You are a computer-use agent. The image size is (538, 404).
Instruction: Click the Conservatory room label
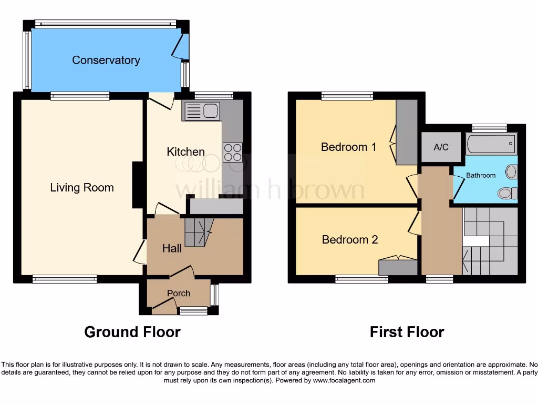tap(106, 60)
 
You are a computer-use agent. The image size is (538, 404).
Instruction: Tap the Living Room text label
tap(82, 188)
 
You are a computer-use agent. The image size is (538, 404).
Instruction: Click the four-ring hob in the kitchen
tap(233, 152)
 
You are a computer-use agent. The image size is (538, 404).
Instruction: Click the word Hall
tap(172, 248)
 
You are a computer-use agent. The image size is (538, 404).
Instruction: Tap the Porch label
tap(179, 293)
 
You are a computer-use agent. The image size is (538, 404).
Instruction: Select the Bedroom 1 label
tap(348, 147)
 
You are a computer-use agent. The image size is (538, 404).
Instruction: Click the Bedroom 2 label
tap(349, 240)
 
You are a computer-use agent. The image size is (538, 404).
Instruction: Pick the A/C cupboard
tap(441, 147)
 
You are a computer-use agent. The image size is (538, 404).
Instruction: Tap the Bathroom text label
tap(481, 175)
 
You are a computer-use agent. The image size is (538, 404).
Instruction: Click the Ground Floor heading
tap(132, 332)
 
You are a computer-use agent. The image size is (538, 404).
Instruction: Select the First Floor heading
tap(407, 332)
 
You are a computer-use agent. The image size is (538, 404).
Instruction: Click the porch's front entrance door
tap(164, 306)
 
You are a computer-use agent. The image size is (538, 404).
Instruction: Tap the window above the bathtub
tap(489, 127)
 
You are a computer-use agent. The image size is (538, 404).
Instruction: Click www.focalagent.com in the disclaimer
tap(345, 380)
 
